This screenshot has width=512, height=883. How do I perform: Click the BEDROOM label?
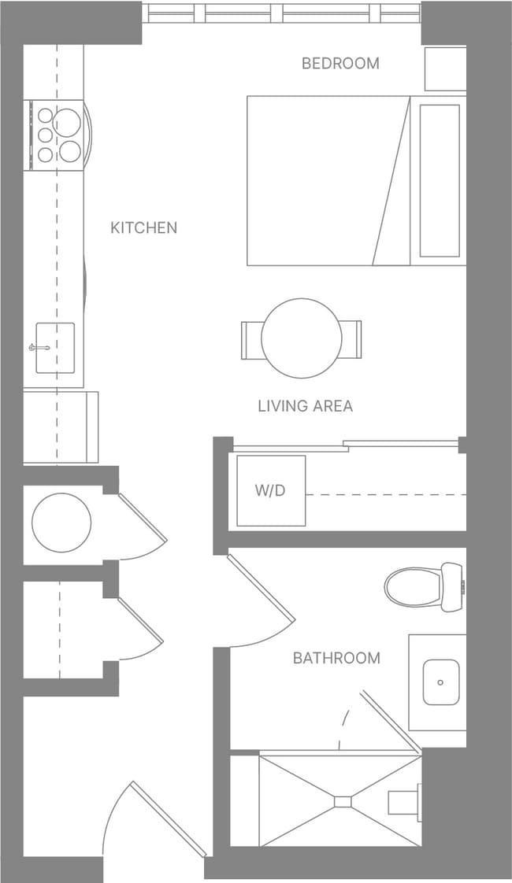click(x=340, y=63)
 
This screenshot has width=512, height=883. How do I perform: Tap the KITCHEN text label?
click(x=143, y=227)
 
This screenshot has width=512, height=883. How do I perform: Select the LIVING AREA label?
click(x=305, y=406)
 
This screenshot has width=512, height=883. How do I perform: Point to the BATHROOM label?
click(x=336, y=657)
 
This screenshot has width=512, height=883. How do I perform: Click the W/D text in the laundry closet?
click(x=269, y=490)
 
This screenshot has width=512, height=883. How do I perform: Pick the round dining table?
click(x=302, y=338)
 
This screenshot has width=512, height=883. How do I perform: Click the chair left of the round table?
click(x=251, y=339)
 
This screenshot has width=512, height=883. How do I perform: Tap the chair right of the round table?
click(x=351, y=339)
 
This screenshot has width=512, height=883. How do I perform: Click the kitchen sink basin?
click(x=56, y=347)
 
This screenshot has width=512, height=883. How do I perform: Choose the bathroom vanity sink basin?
click(x=441, y=682)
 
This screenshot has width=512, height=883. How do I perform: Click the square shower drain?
click(x=343, y=801)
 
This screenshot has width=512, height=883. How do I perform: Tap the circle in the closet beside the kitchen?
click(x=61, y=523)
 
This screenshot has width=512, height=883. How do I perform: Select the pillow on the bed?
click(x=439, y=180)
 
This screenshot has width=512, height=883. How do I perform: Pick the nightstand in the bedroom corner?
click(x=445, y=69)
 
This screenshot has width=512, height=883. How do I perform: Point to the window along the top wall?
click(x=281, y=13)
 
